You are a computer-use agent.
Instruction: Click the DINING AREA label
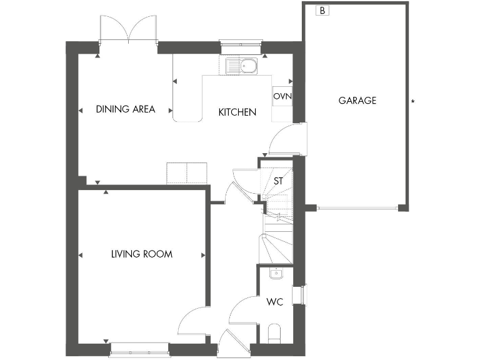pos(125,109)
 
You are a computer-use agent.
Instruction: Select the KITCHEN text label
pos(237,112)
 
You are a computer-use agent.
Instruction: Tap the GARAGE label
pos(357,100)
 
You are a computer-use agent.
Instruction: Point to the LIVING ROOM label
pos(141,254)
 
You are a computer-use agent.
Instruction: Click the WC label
pos(274,302)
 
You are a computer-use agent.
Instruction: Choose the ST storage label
pos(279,181)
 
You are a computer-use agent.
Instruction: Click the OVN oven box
pos(282,97)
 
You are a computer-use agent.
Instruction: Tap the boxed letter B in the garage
pos(322,11)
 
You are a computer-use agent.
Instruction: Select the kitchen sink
pos(241,65)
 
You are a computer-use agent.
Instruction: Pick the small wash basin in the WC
pos(275,273)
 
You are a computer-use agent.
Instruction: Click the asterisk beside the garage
pos(412,102)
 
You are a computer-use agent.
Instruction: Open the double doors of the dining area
pos(128,28)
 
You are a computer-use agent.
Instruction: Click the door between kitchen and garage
pos(286,140)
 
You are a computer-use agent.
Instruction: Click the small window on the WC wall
pos(304,294)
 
